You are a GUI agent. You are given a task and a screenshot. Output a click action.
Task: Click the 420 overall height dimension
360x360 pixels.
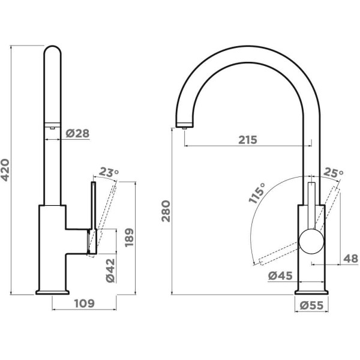(x=5, y=170)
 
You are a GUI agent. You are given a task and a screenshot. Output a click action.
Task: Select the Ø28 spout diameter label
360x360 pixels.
(x=77, y=133)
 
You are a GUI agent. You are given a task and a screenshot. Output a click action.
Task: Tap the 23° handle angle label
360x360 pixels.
(x=109, y=172)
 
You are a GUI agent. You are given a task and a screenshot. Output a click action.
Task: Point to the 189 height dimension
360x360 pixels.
(x=129, y=238)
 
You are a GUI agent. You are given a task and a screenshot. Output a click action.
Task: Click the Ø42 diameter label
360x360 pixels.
(x=110, y=271)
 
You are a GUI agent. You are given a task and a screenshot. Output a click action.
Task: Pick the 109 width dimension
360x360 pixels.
(x=85, y=304)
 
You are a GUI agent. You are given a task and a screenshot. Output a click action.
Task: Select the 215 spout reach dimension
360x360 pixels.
(x=248, y=140)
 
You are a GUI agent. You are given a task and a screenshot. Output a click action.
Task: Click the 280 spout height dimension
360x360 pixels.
(x=166, y=211)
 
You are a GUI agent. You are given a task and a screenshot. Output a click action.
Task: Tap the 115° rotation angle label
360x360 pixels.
(x=257, y=193)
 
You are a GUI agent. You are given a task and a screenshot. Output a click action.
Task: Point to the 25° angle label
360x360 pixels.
(x=334, y=173)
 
